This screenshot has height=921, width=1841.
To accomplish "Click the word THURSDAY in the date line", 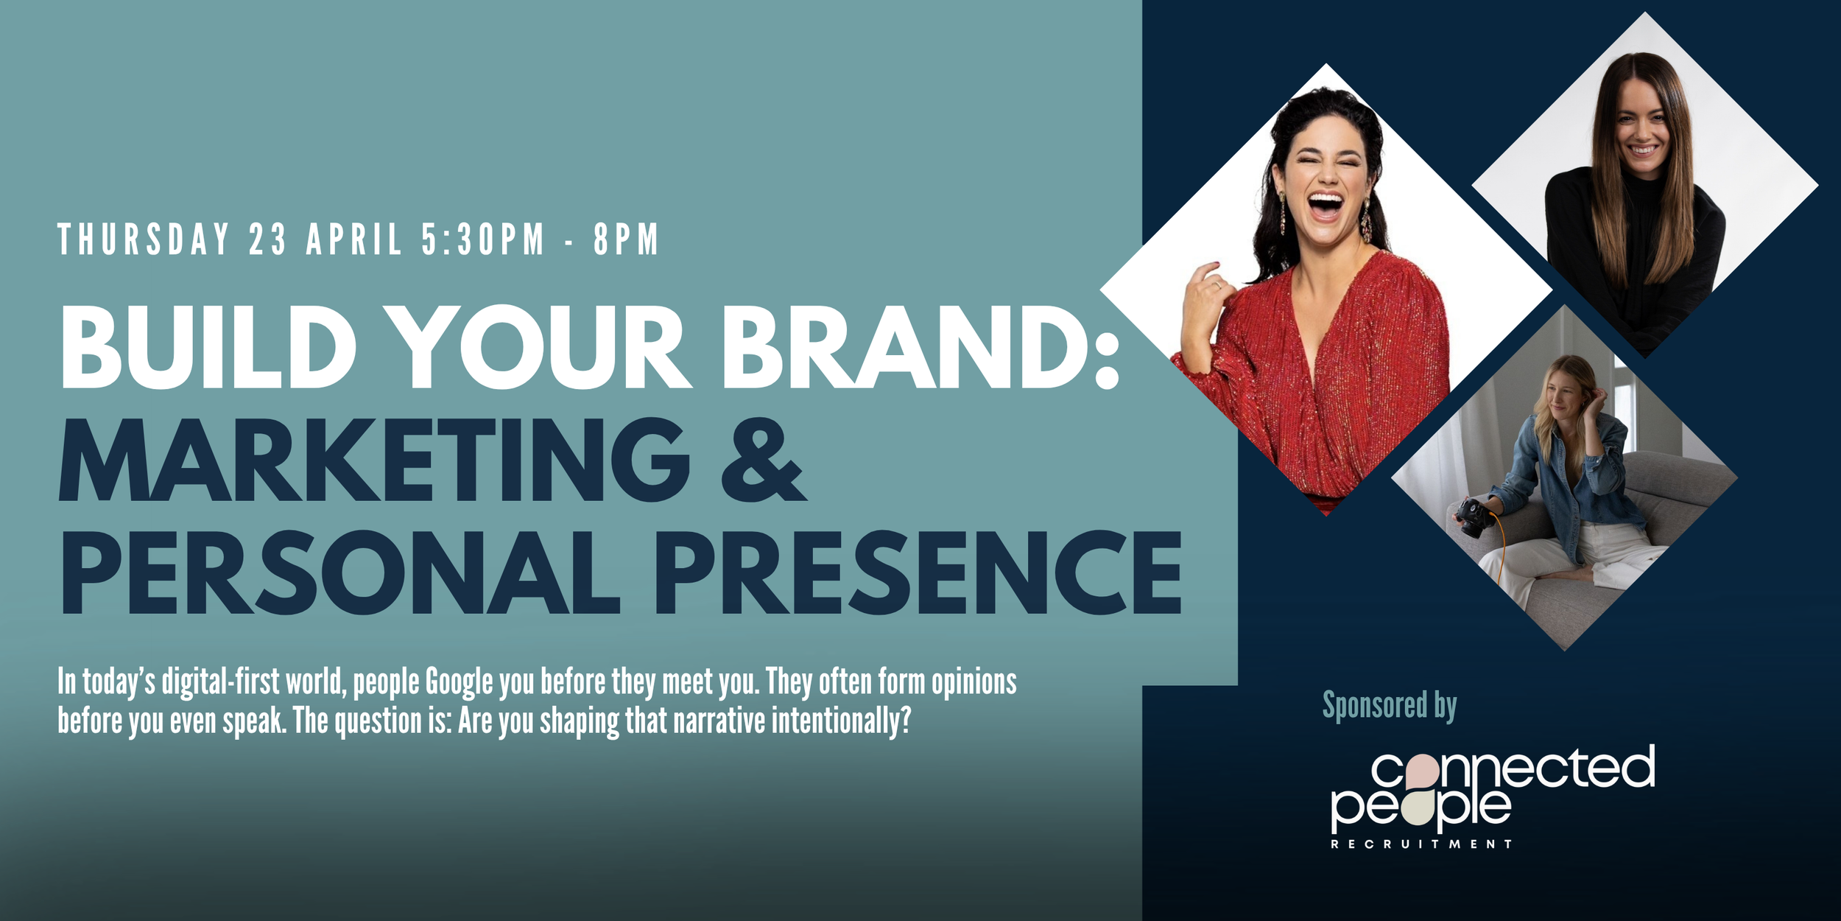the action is click(144, 239).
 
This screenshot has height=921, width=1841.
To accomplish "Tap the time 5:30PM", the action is click(483, 239).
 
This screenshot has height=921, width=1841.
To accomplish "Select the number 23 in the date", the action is click(267, 239).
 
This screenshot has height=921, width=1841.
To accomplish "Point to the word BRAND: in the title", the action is click(921, 346).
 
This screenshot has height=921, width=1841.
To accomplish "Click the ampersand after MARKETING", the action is click(764, 460).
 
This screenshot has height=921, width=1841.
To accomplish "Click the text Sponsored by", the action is click(1390, 706).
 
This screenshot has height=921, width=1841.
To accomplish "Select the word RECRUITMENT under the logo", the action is click(1421, 844).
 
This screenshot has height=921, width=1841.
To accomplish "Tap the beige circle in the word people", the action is click(1418, 809).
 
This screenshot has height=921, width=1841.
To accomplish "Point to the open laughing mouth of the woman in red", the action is click(1326, 205).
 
